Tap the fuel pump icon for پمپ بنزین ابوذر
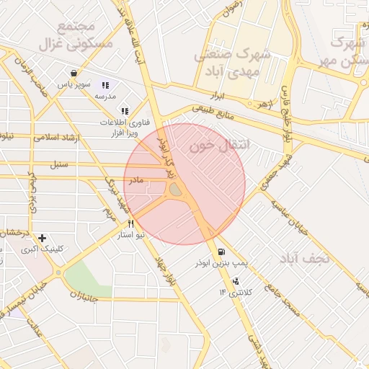coord(220,252)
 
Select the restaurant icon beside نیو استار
coord(130,223)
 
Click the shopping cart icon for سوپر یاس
coord(74,73)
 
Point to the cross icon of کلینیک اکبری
coord(43,238)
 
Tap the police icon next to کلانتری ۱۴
coord(236,280)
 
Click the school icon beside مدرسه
coord(105,84)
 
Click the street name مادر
coord(136,178)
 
